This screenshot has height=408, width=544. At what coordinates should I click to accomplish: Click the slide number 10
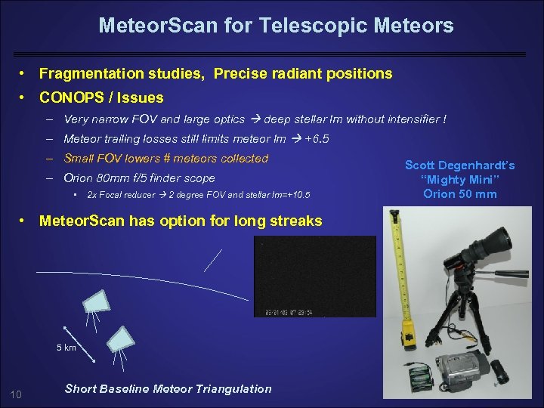point(16,393)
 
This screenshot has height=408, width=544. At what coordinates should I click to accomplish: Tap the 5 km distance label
point(66,348)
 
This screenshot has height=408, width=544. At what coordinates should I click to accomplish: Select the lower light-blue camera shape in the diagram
point(120,338)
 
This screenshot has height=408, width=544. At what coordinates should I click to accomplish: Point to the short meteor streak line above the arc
point(213,260)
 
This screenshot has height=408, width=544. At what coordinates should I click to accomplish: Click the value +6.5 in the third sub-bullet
point(317,139)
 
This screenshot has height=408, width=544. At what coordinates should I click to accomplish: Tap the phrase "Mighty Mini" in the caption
point(460,179)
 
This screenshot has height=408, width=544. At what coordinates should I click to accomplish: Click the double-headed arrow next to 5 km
point(75,338)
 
